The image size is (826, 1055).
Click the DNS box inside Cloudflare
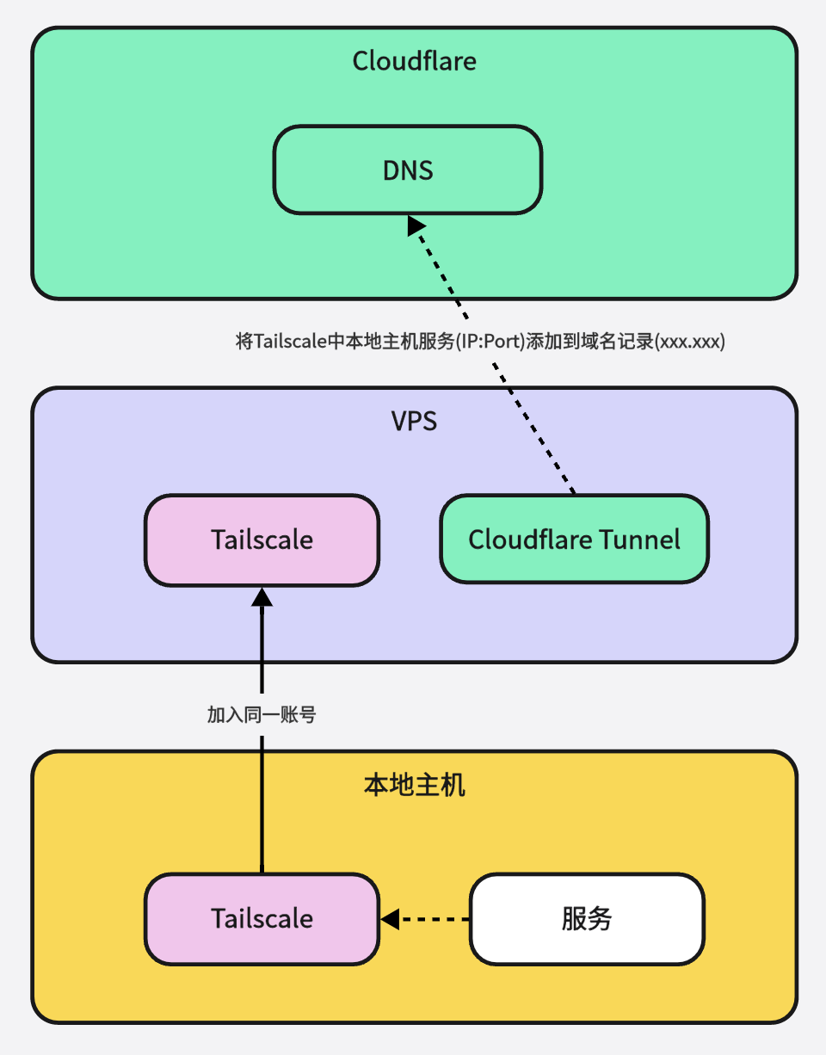407,170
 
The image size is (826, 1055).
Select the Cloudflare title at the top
414,62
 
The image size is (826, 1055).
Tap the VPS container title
414,422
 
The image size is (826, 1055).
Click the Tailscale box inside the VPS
262,540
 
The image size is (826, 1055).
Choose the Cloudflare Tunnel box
574,540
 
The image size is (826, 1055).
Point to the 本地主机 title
414,786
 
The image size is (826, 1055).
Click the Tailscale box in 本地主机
262,918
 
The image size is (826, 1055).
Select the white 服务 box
587,918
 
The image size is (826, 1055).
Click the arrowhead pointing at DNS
417,225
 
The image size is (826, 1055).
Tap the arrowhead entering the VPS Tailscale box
262,596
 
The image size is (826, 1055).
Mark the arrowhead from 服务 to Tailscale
390,919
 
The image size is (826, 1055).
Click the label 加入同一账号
262,714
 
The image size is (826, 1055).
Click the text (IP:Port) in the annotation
491,342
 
